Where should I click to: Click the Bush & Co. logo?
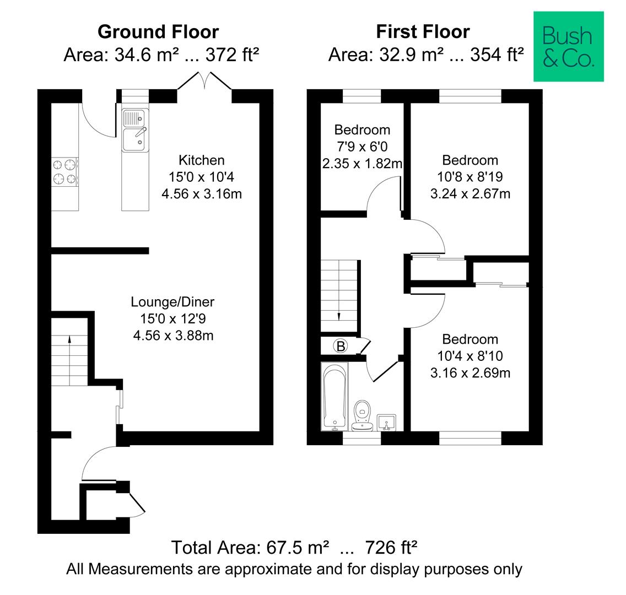click(x=568, y=47)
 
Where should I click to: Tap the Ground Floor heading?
click(x=158, y=32)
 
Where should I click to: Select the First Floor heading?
click(x=423, y=32)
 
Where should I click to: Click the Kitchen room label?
click(x=202, y=160)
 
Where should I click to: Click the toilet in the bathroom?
click(x=362, y=413)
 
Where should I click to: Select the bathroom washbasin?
click(x=388, y=423)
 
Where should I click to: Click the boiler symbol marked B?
click(x=341, y=347)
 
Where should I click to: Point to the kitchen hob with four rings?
click(x=65, y=171)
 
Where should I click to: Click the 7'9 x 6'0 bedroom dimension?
click(x=362, y=147)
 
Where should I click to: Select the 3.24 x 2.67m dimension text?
click(x=470, y=194)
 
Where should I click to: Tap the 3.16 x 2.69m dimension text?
click(x=470, y=373)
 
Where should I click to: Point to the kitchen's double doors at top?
click(x=204, y=81)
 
